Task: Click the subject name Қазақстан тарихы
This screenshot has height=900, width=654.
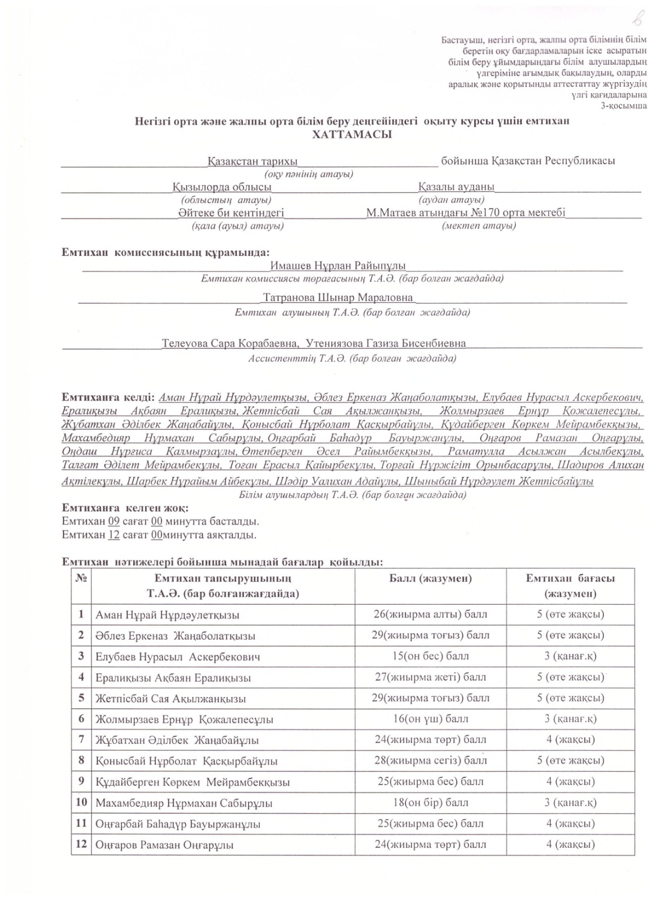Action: (x=252, y=161)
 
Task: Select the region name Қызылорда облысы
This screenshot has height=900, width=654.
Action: (x=222, y=187)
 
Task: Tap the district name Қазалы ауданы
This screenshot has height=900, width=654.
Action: (x=456, y=187)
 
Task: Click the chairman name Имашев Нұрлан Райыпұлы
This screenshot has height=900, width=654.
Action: (x=338, y=265)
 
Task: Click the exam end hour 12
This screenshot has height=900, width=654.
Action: (x=114, y=534)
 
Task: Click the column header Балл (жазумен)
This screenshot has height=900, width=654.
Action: (x=430, y=579)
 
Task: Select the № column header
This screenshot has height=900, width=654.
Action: (x=80, y=579)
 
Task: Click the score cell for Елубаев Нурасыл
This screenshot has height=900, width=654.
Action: (x=430, y=656)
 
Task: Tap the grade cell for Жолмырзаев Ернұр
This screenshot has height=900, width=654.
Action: (x=570, y=719)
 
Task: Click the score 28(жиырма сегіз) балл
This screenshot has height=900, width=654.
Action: (x=430, y=760)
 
